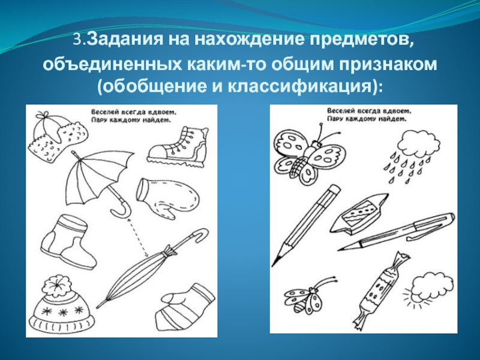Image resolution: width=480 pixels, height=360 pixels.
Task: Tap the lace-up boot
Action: click(178, 145)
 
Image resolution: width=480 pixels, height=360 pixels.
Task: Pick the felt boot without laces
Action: click(68, 242)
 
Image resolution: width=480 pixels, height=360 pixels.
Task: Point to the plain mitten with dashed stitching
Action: click(167, 197)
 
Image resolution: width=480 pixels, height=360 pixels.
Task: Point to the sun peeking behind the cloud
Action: click(412, 297)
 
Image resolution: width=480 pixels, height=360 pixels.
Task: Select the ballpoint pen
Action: click(397, 232)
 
